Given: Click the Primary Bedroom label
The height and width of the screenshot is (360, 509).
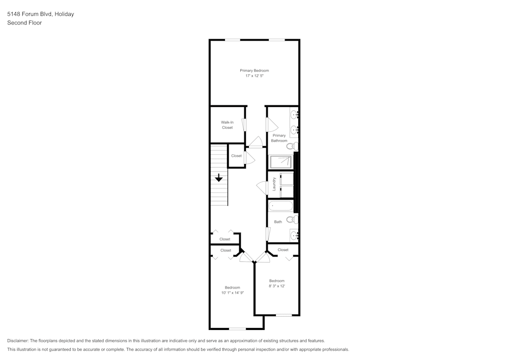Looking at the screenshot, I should pos(254,70).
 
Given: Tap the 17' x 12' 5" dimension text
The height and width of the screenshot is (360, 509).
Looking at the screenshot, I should pos(254,76).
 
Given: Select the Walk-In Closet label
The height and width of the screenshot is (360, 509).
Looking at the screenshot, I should pos(227,125).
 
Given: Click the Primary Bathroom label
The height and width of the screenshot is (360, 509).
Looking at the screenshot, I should pos(279,138).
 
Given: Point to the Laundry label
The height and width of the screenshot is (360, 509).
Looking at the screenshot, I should pos(274,184).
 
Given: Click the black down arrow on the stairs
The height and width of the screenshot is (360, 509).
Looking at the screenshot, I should pos(218,178).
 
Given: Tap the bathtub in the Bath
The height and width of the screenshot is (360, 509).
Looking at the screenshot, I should pos(281,206).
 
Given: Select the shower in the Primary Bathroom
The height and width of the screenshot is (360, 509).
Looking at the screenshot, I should pos(281,162).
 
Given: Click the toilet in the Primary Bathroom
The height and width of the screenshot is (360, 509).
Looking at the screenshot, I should pos(291,146).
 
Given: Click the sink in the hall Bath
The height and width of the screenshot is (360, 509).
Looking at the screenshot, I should pos(294,235).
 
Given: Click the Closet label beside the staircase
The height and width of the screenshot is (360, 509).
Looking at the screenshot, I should pos(236,156).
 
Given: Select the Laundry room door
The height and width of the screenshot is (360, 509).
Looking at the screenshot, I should pos(263,187).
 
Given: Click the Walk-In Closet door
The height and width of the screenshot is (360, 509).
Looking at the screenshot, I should pos(244,125).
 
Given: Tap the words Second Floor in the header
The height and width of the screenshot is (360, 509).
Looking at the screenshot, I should pos(24,23).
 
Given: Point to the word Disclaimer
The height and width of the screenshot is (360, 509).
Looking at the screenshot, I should pos(18,341).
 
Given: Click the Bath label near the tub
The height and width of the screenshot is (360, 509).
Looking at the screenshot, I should pos(278,222).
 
